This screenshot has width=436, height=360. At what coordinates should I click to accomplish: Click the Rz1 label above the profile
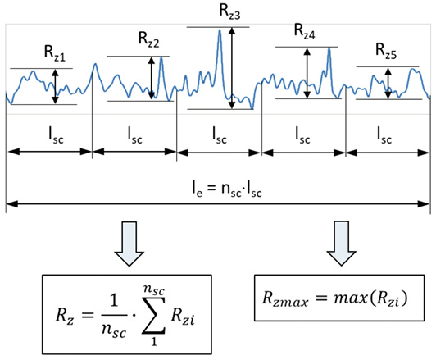[x=55, y=52]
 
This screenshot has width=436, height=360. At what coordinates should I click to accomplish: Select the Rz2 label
[x=149, y=39]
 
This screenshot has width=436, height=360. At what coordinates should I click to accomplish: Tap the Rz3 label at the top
[x=229, y=11]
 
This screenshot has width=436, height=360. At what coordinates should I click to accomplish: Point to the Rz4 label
[x=305, y=31]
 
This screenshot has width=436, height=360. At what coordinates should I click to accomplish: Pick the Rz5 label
[x=386, y=50]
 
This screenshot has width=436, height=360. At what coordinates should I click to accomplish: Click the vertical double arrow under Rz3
[x=232, y=68]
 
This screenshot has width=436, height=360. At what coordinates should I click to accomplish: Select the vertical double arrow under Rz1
[x=56, y=87]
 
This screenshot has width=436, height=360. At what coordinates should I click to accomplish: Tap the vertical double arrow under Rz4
[x=307, y=73]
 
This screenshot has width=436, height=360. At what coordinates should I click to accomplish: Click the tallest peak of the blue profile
[x=220, y=30]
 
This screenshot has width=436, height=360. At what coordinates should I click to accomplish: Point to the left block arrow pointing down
[x=129, y=244]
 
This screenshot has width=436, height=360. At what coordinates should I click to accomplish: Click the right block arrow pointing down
[x=341, y=244]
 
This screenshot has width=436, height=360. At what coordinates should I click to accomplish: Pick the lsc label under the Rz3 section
[x=220, y=135]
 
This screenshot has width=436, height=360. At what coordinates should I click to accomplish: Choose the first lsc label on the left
[x=57, y=135]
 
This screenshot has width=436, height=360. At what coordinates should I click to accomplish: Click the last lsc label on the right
[x=384, y=135]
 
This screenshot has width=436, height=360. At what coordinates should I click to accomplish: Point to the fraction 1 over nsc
[x=114, y=317]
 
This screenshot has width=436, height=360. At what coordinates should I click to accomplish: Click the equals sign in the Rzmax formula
[x=321, y=298]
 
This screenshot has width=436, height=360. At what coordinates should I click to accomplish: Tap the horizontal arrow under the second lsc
[x=134, y=152]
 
